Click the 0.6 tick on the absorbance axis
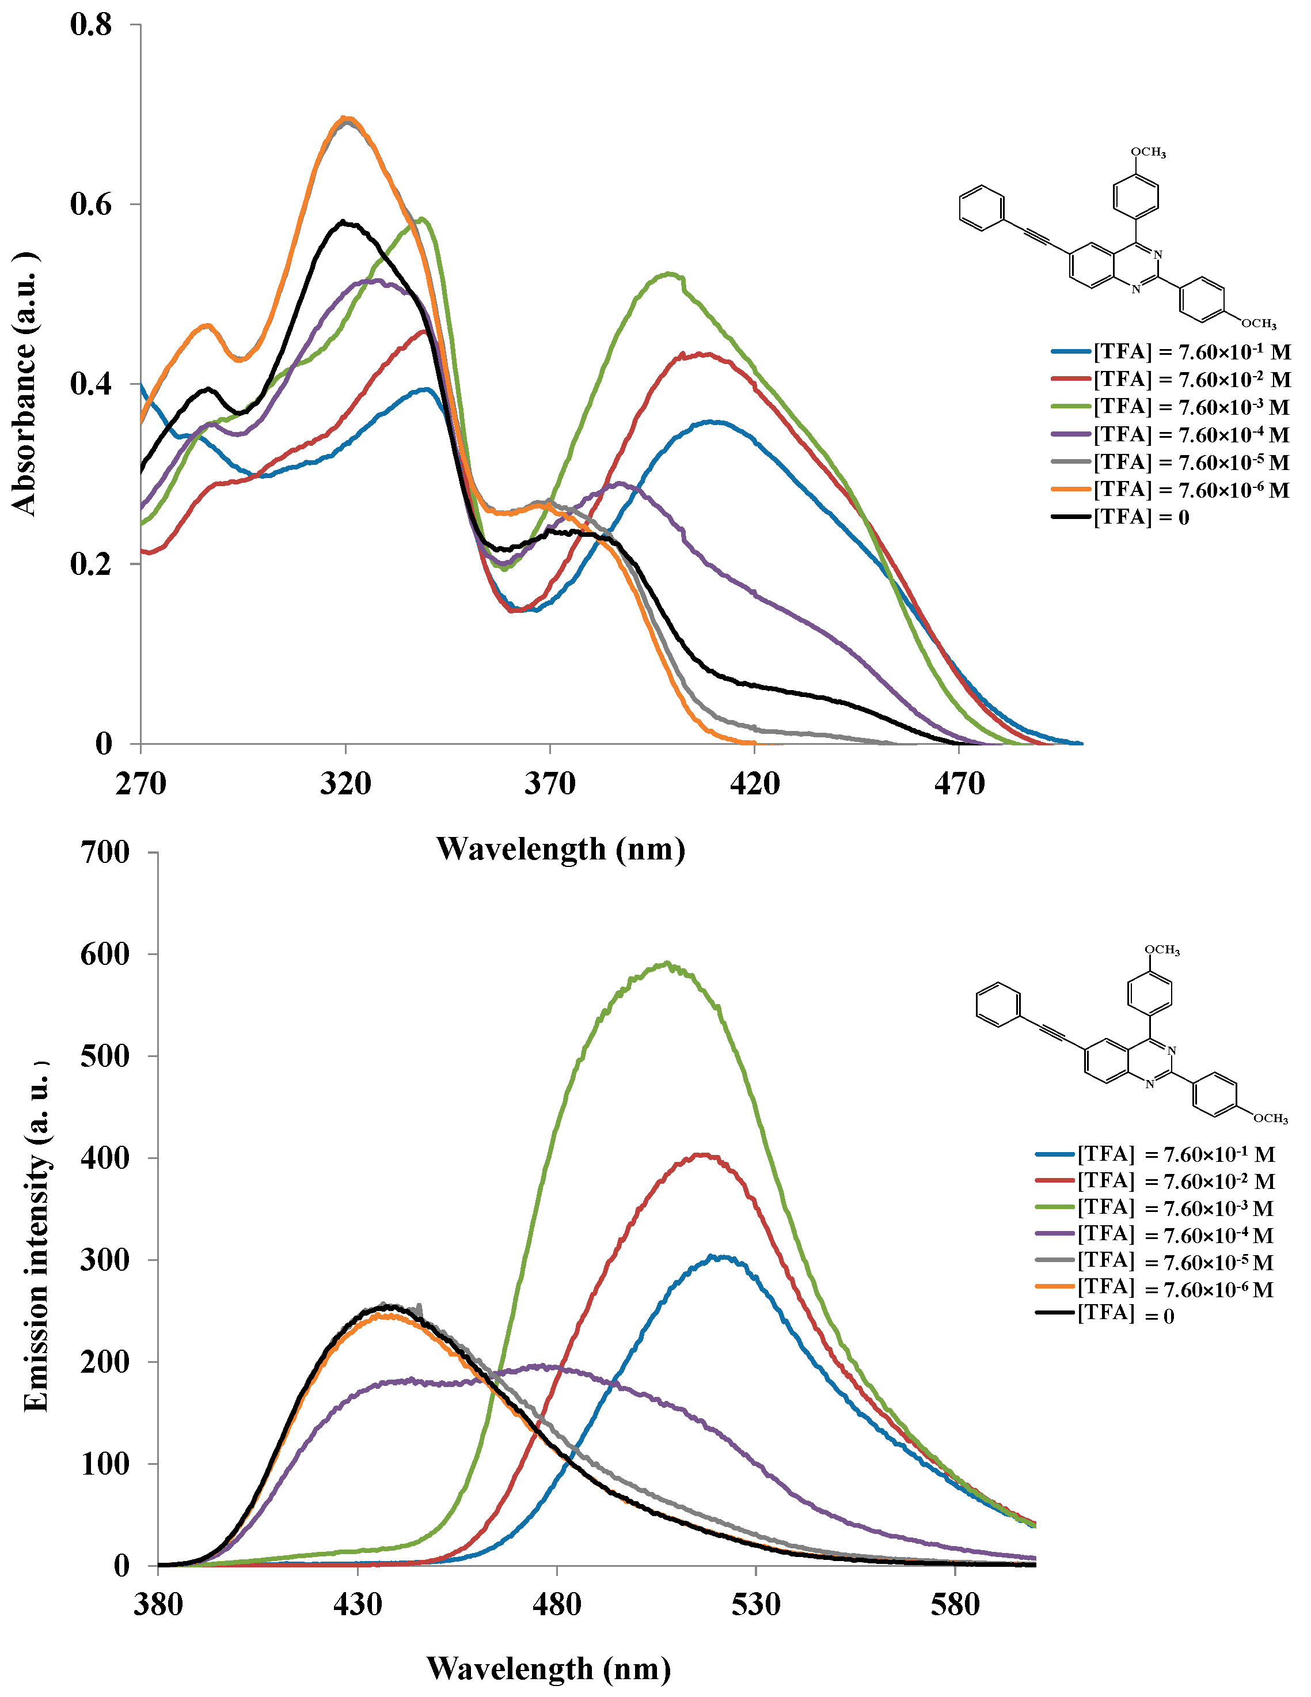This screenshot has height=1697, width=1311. tap(91, 204)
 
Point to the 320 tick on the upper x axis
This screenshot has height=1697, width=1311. tap(345, 782)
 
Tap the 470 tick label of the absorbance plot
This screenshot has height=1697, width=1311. tap(959, 782)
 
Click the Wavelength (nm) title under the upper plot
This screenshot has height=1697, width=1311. tap(560, 848)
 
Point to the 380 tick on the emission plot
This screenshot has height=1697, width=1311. tap(158, 1604)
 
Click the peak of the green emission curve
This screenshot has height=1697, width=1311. tap(666, 964)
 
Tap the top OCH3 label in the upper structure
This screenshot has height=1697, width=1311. tap(1148, 152)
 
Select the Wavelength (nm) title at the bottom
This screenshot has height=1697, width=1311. tap(548, 1668)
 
